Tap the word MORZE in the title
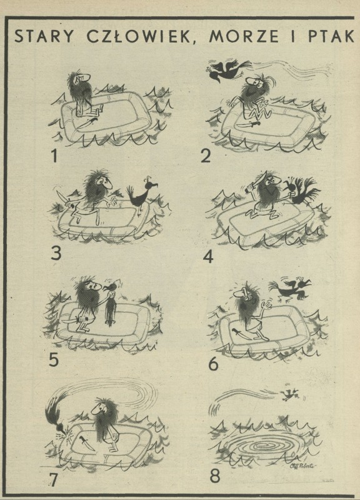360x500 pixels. click(x=244, y=37)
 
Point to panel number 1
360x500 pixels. click(x=54, y=156)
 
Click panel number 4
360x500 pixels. click(x=208, y=257)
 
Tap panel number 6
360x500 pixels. click(x=213, y=364)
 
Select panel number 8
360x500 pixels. click(x=214, y=476)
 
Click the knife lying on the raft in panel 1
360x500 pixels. click(x=86, y=123)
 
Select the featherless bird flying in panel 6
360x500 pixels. click(x=289, y=289)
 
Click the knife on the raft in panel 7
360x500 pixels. click(x=86, y=441)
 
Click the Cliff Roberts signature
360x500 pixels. click(x=302, y=465)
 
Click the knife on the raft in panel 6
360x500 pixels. click(x=239, y=334)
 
